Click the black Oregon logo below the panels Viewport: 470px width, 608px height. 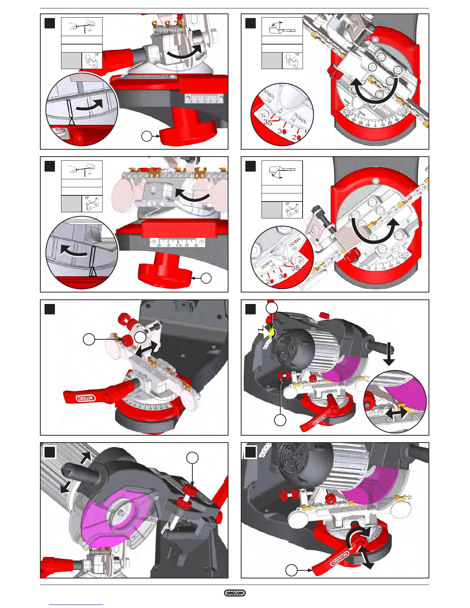pyautogui.click(x=235, y=593)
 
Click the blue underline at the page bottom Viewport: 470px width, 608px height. pyautogui.click(x=76, y=605)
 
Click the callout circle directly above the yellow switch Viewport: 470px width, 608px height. pyautogui.click(x=272, y=308)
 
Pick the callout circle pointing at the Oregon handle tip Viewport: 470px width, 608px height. pyautogui.click(x=292, y=570)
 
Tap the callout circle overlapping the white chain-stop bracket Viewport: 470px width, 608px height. pyautogui.click(x=141, y=337)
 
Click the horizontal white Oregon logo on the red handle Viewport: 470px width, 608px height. pyautogui.click(x=85, y=398)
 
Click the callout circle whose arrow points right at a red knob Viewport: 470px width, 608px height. pyautogui.click(x=147, y=136)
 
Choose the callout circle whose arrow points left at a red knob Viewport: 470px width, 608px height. pyautogui.click(x=206, y=278)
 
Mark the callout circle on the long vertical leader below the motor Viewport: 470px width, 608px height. pyautogui.click(x=280, y=420)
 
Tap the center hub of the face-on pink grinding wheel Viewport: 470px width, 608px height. pyautogui.click(x=122, y=513)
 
